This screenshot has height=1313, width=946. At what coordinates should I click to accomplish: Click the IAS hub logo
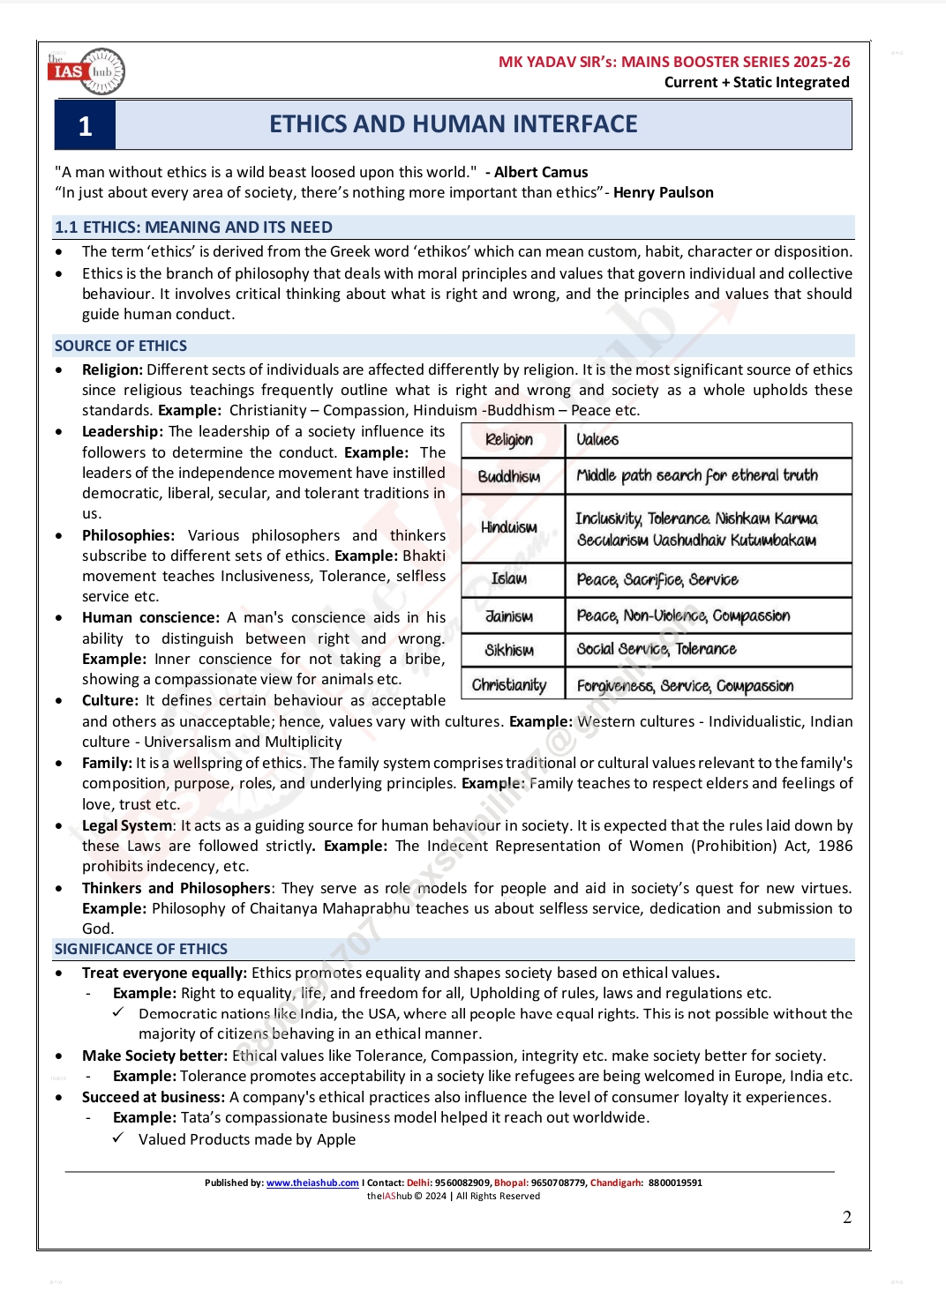click(86, 71)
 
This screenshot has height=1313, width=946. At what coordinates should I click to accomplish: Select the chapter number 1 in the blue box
click(85, 126)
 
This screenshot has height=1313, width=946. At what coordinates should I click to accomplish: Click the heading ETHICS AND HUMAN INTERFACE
click(453, 124)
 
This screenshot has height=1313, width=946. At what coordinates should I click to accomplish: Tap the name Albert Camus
click(541, 172)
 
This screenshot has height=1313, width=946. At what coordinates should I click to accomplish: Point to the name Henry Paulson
click(663, 192)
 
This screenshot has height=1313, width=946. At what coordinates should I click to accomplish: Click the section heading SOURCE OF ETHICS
click(121, 346)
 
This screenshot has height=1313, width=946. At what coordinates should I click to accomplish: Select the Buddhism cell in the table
click(509, 476)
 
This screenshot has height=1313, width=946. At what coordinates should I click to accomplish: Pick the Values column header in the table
click(597, 439)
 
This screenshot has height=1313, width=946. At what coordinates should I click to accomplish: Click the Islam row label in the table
click(509, 578)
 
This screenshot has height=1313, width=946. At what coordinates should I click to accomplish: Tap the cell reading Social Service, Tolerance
click(657, 649)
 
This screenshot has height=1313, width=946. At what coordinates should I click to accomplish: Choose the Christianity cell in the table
click(509, 685)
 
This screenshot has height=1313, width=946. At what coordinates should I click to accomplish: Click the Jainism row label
click(509, 615)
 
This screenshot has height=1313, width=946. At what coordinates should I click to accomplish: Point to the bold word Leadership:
click(123, 431)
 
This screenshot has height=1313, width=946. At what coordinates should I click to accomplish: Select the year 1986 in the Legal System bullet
click(835, 846)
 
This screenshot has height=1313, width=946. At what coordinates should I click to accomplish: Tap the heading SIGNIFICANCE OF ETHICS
click(141, 949)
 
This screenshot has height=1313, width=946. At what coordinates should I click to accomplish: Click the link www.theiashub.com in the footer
click(312, 1183)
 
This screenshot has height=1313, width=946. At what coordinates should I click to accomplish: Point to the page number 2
click(847, 1218)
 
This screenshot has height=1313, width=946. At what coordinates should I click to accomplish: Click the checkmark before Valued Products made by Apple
click(118, 1138)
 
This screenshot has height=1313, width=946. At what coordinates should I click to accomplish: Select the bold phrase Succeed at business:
click(154, 1097)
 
